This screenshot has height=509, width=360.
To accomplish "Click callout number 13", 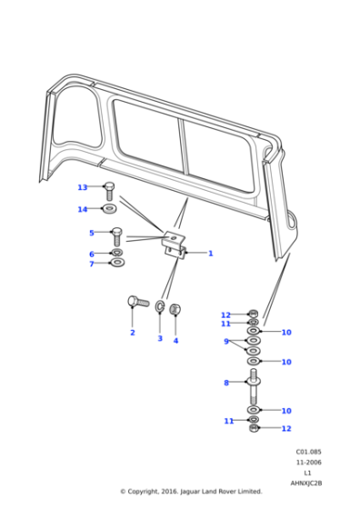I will point(83,188).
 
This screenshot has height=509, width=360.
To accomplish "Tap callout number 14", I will point(83,210).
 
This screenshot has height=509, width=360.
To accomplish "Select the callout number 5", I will point(91,233).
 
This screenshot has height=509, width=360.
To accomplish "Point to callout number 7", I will point(91,264).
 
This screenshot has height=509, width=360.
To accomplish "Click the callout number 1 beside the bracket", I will point(210,254).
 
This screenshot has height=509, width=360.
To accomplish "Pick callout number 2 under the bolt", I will point(132,333).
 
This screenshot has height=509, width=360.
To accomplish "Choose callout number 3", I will point(160,338).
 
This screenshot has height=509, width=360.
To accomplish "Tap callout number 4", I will point(175,341).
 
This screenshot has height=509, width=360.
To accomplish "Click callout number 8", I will point(226,384).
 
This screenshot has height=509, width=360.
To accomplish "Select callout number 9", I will point(226,342).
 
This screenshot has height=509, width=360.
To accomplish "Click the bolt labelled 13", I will point(110,192).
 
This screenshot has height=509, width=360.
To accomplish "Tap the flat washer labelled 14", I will point(110,210).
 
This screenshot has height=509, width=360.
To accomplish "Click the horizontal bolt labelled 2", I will point(138,302).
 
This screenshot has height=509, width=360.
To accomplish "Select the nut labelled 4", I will point(175,310).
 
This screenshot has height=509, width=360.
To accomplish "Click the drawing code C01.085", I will point(307,452).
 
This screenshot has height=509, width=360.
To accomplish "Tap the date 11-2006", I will point(307,463).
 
